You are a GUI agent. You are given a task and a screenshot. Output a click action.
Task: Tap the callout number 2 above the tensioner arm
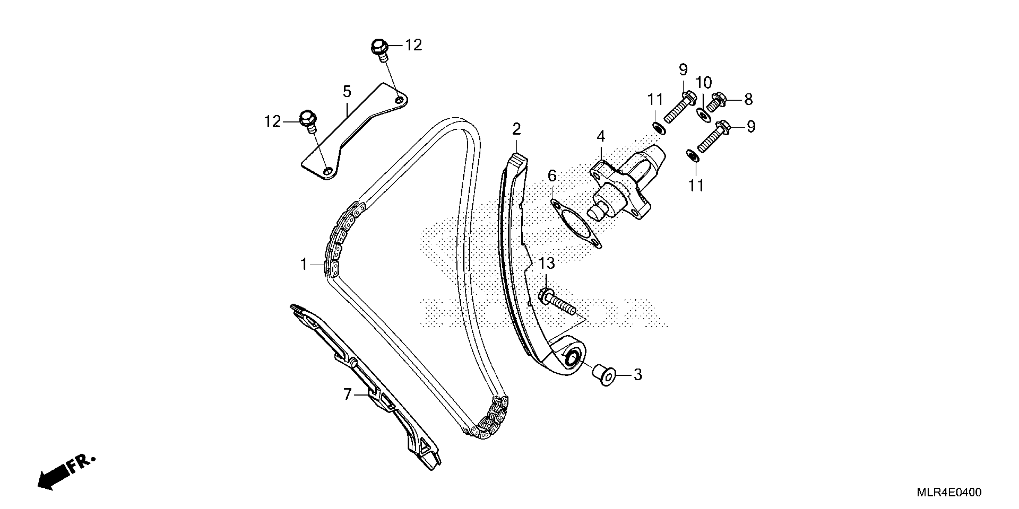point(517,129)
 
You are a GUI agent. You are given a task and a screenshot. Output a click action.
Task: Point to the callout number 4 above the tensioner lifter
point(601,137)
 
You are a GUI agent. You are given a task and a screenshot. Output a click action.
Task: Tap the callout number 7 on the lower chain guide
point(347,394)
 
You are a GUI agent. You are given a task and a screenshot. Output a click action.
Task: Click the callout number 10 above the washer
point(704,83)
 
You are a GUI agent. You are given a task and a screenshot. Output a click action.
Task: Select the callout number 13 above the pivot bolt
point(546,263)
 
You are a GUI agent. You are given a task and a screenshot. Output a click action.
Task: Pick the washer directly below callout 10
point(703,115)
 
